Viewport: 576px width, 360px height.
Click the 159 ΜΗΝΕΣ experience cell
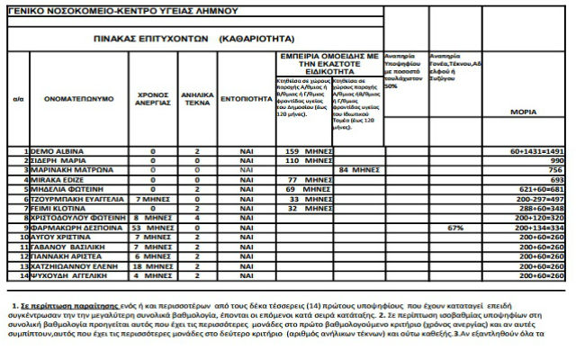coord(303,151)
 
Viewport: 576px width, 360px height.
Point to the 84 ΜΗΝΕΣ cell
coord(356,169)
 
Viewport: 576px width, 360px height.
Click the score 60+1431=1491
coord(535,151)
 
